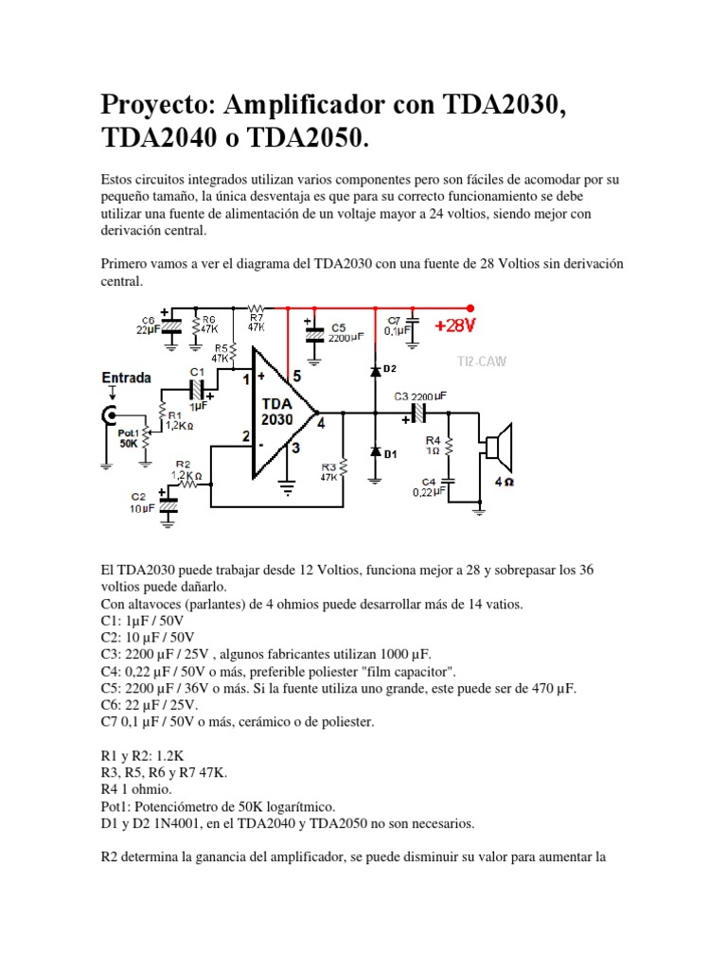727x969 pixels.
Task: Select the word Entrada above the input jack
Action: pos(126,378)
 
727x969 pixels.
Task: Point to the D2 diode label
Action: pos(389,367)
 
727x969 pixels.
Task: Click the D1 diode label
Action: pos(391,454)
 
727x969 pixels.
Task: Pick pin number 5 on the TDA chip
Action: pos(296,376)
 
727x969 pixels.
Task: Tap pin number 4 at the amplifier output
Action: pos(321,423)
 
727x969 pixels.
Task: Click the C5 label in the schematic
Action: pos(339,327)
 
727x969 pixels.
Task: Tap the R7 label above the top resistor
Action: pos(257,317)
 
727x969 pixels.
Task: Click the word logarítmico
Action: pos(290,806)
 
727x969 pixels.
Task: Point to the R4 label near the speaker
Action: pos(433,441)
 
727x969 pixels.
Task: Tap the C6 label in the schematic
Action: pos(149,319)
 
